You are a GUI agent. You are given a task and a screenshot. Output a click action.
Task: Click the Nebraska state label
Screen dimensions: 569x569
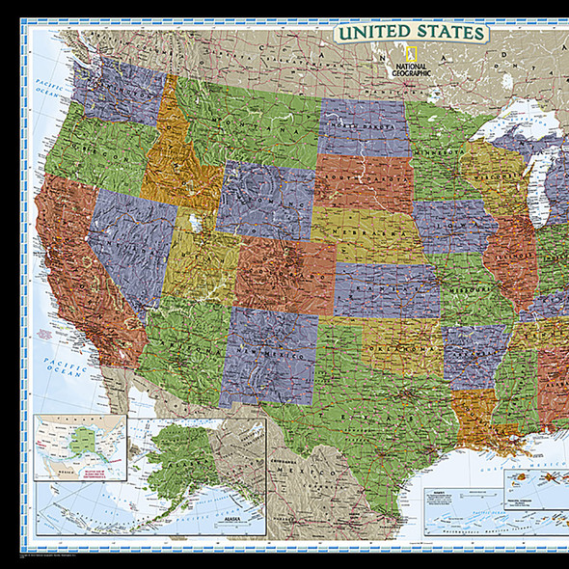tap(365, 233)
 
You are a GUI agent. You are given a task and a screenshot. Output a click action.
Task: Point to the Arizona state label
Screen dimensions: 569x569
tap(180, 346)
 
